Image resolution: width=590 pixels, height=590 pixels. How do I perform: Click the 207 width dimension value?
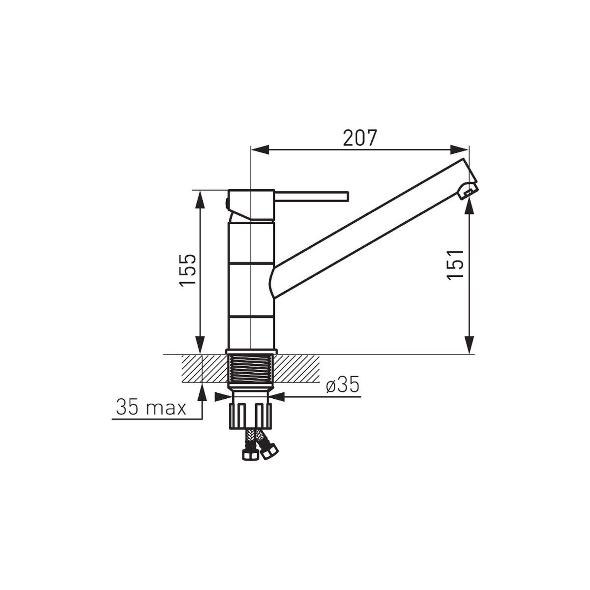tap(359, 138)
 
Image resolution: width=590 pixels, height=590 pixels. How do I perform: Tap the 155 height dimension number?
tap(188, 270)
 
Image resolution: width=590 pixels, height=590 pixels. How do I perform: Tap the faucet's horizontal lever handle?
tap(311, 197)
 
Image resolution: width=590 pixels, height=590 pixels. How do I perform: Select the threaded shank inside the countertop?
tap(251, 368)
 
